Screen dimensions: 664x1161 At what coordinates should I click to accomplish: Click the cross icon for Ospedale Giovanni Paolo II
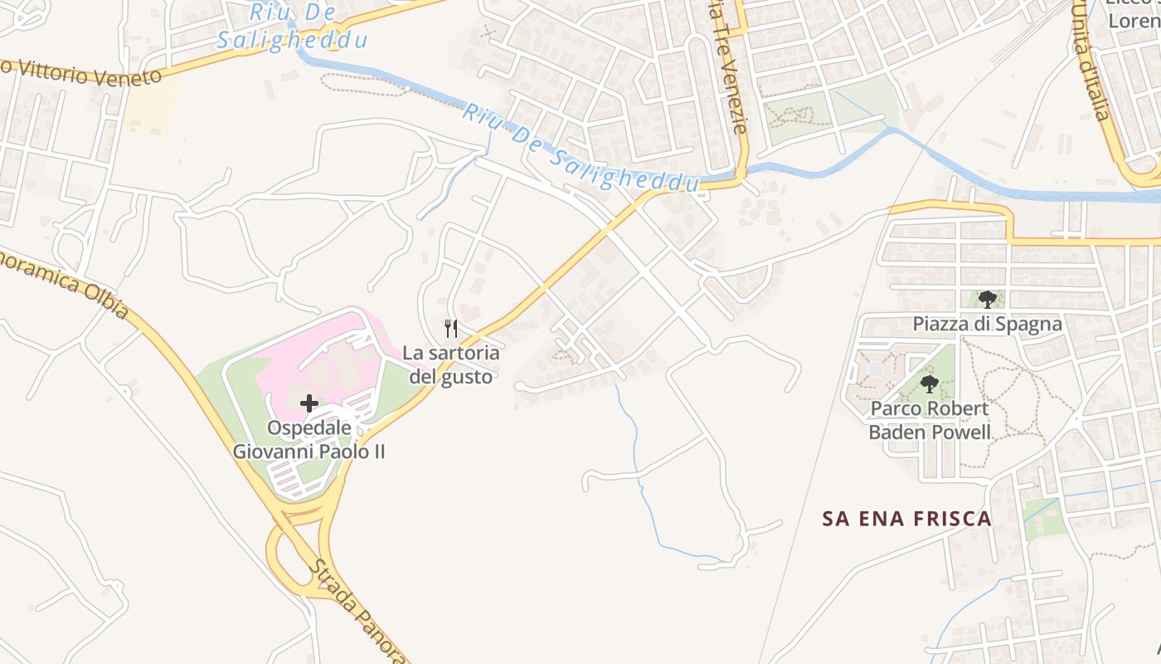tap(308, 404)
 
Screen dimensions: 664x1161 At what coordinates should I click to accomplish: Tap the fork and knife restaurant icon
tap(451, 328)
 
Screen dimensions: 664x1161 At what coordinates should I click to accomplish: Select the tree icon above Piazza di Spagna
tap(987, 300)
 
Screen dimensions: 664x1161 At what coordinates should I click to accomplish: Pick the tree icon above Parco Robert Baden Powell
tap(930, 384)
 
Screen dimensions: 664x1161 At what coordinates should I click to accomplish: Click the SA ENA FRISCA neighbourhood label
tap(906, 519)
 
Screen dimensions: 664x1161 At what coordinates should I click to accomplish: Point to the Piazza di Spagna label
tap(987, 324)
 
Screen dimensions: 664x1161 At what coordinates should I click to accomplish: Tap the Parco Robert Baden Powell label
tap(930, 420)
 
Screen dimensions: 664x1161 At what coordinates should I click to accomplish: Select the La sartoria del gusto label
tap(451, 364)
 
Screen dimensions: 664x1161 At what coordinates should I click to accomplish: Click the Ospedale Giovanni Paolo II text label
tap(308, 440)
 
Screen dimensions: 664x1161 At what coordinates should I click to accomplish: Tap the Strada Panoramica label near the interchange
tap(357, 610)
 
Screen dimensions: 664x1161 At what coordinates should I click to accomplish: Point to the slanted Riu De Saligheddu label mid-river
tap(580, 149)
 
